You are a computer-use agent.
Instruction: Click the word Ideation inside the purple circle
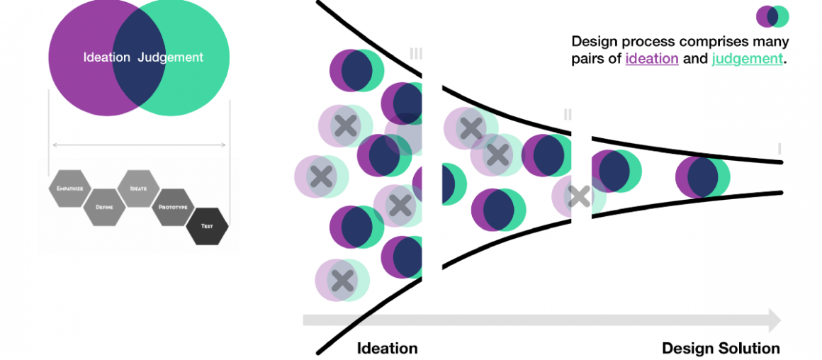(x=106, y=57)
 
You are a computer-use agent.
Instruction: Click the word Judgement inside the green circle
(x=171, y=57)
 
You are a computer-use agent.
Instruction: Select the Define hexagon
(x=104, y=207)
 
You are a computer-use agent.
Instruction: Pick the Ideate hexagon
(x=138, y=189)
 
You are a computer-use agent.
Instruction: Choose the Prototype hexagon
(x=173, y=207)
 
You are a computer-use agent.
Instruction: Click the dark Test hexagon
(x=207, y=226)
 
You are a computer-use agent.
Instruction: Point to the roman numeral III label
(x=416, y=54)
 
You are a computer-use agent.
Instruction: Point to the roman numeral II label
(x=568, y=114)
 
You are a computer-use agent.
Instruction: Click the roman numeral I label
(x=779, y=149)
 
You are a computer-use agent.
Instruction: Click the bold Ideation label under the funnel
(x=387, y=348)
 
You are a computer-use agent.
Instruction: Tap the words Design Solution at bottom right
(x=721, y=348)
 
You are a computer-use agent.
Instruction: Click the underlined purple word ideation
(x=652, y=59)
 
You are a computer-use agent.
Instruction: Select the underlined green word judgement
(x=748, y=59)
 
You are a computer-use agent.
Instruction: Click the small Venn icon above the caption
(x=772, y=16)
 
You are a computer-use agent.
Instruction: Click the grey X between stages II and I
(x=579, y=196)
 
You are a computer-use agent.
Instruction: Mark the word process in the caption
(x=638, y=42)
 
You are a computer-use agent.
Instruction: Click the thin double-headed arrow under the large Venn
(x=139, y=145)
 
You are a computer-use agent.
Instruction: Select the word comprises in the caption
(x=709, y=42)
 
